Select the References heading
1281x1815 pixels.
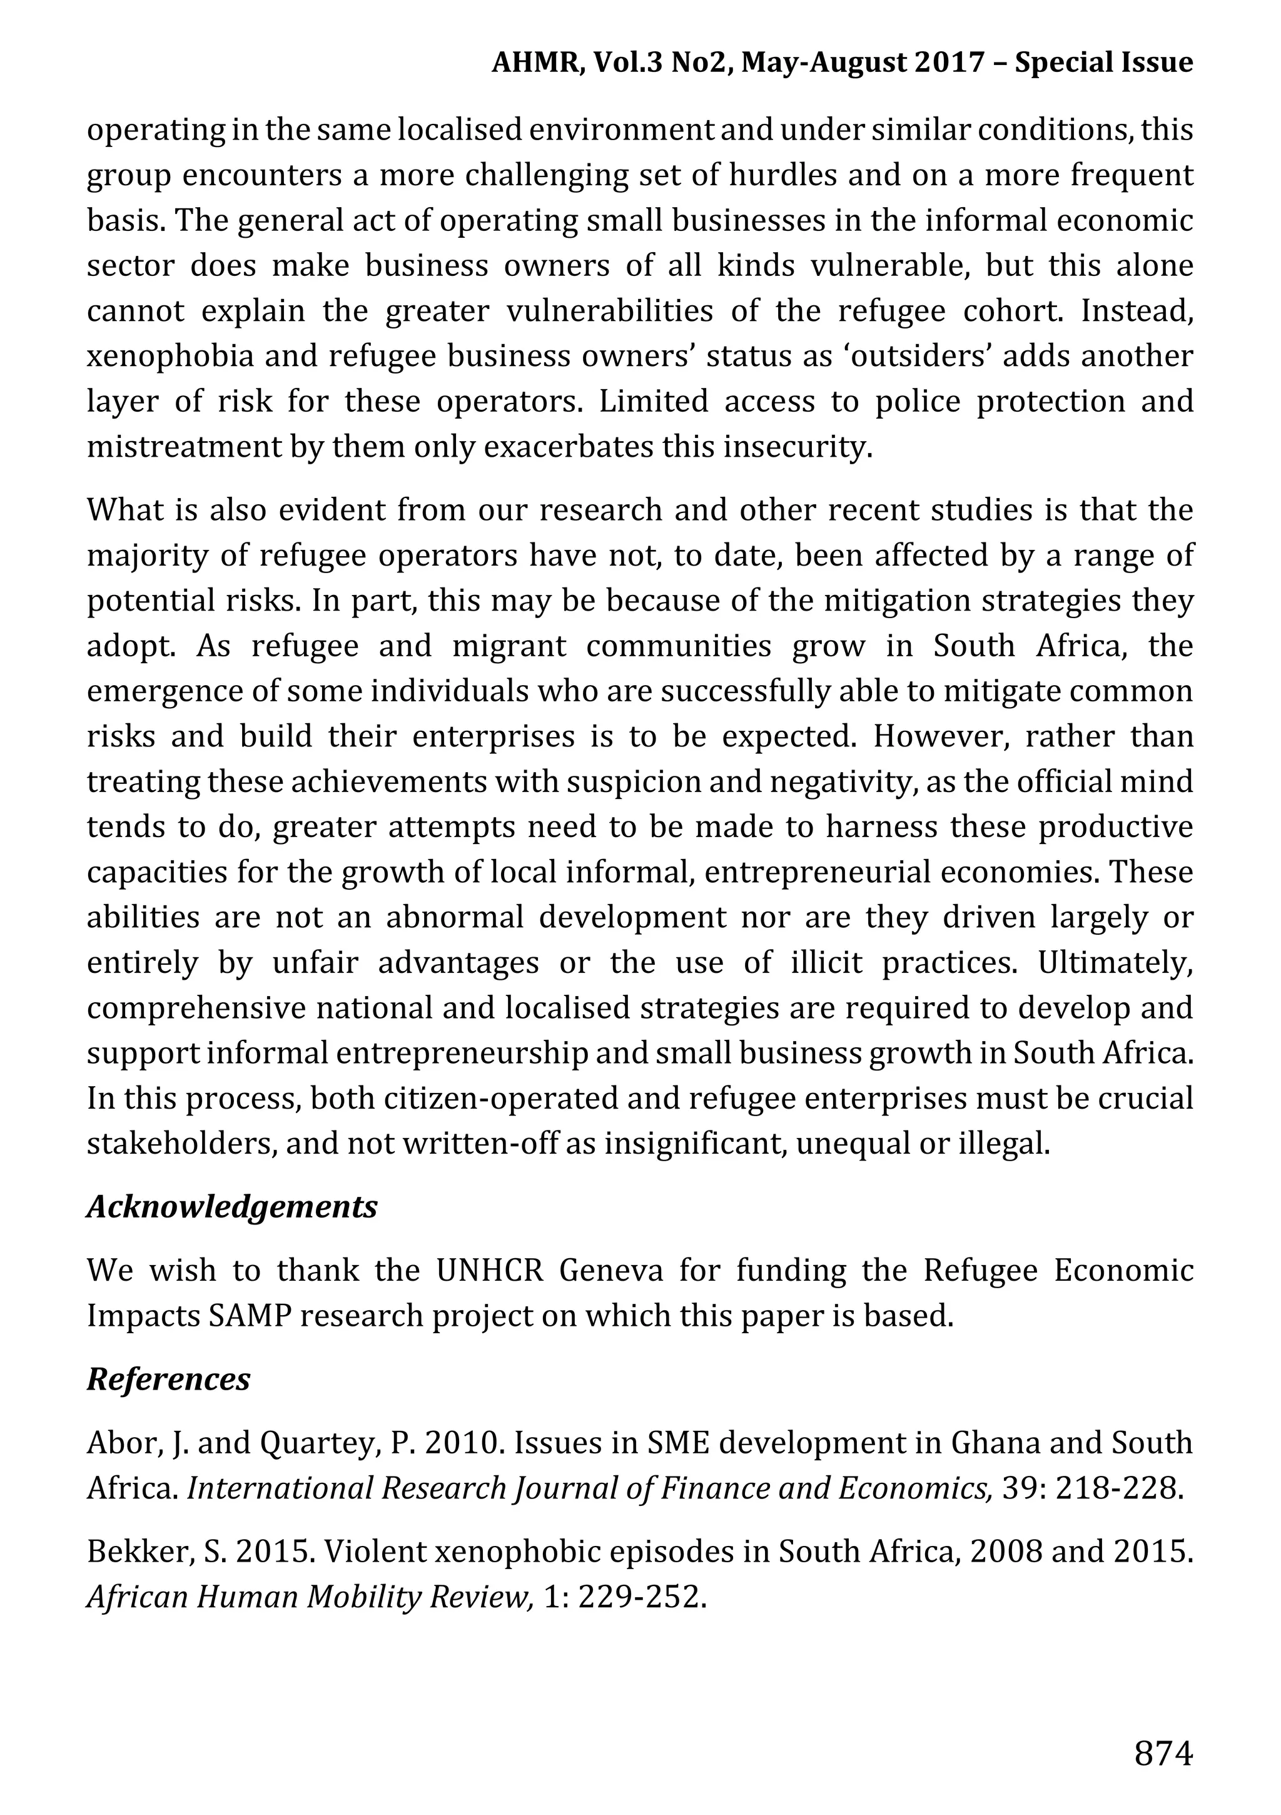point(168,1380)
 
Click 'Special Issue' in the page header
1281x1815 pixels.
point(1104,63)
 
